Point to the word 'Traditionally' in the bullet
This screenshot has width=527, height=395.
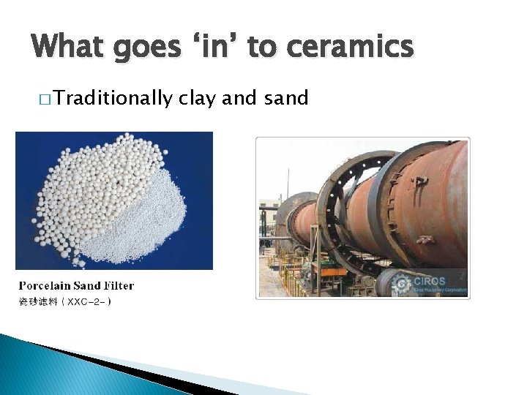[x=113, y=98]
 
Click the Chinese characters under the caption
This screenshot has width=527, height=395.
[x=37, y=301]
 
